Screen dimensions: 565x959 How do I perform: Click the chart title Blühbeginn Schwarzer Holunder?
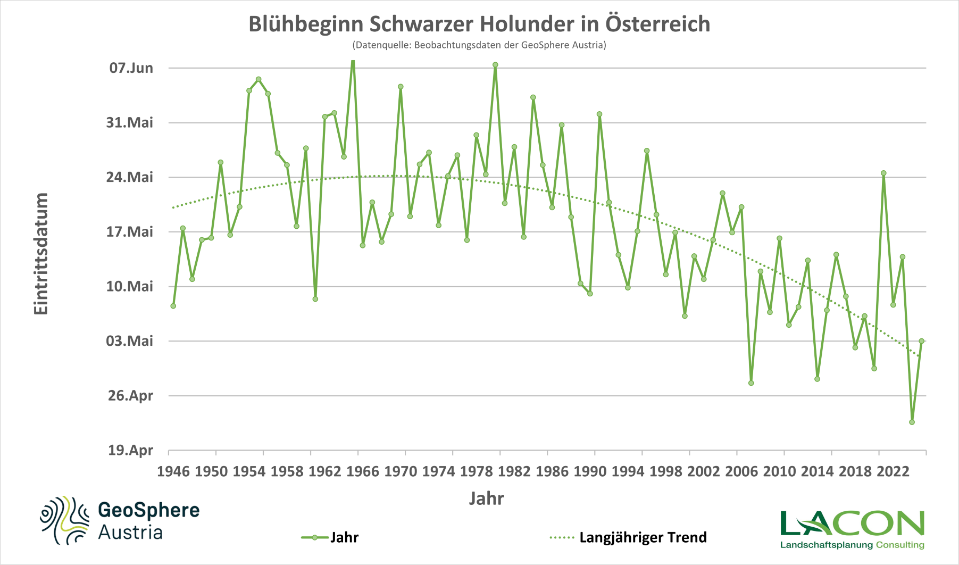coord(479,24)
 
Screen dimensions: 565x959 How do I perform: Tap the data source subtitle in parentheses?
coord(479,45)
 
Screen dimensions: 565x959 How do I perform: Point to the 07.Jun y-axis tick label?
coord(131,68)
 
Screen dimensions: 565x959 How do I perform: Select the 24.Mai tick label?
coord(130,177)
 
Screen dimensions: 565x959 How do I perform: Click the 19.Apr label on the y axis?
coord(130,451)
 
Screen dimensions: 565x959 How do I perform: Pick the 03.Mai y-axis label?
coord(130,340)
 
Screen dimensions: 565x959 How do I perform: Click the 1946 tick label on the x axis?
coord(173,471)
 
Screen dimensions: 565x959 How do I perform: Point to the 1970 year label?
coord(401,471)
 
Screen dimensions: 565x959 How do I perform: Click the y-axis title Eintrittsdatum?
coord(41,254)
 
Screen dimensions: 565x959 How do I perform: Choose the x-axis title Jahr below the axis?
coord(486,498)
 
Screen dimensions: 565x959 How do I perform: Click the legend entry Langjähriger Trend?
coord(643,537)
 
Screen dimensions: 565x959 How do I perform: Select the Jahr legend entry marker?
coord(315,537)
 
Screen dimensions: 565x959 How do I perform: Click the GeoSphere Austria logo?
coord(120,520)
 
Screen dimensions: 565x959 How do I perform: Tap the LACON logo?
coord(852,524)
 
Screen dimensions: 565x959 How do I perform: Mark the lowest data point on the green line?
coord(912,422)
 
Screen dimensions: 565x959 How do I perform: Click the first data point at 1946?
coord(173,306)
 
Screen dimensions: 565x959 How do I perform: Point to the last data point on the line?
coord(921,341)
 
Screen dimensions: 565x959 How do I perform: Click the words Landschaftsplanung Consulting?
coord(852,545)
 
